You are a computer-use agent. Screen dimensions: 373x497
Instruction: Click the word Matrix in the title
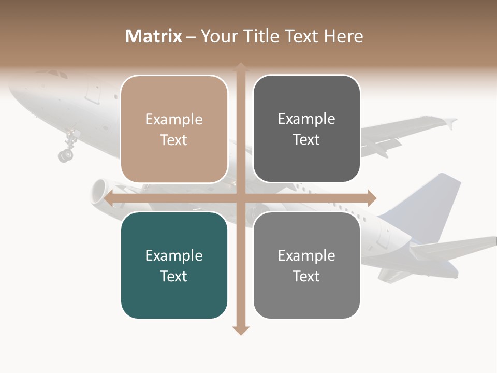pyautogui.click(x=154, y=36)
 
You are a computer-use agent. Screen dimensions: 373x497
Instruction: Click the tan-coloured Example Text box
pyautogui.click(x=174, y=130)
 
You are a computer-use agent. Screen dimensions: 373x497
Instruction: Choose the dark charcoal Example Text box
pyautogui.click(x=306, y=129)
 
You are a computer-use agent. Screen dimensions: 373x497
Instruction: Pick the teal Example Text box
pyautogui.click(x=174, y=266)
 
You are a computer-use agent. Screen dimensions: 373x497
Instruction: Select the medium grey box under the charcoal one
pyautogui.click(x=306, y=266)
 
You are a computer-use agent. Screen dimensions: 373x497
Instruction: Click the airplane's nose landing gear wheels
pyautogui.click(x=66, y=154)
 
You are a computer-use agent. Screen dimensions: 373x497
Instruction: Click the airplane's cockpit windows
pyautogui.click(x=57, y=75)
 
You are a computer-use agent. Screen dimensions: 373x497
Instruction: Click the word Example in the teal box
pyautogui.click(x=174, y=256)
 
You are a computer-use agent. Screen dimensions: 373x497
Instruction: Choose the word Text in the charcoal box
pyautogui.click(x=306, y=140)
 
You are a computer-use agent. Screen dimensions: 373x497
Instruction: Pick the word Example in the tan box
pyautogui.click(x=174, y=120)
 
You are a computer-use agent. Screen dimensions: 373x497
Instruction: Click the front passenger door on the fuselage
pyautogui.click(x=93, y=91)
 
